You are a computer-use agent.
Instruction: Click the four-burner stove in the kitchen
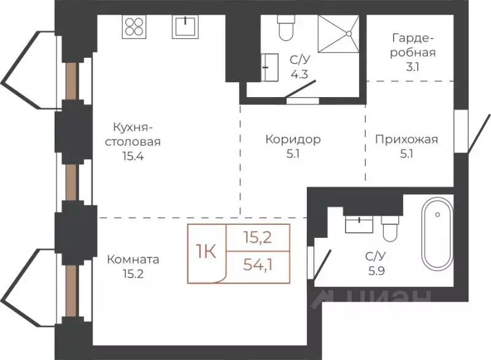[x=134, y=26]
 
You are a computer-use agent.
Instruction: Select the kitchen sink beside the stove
[x=185, y=27]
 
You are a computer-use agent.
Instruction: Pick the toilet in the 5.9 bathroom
[x=389, y=228]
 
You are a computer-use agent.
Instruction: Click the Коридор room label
[x=293, y=139]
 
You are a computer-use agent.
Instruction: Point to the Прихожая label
[x=406, y=139]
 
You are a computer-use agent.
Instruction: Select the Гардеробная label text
[x=413, y=45]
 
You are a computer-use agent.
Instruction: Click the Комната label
[x=133, y=259]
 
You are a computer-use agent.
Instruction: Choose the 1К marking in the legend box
[x=206, y=252]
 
